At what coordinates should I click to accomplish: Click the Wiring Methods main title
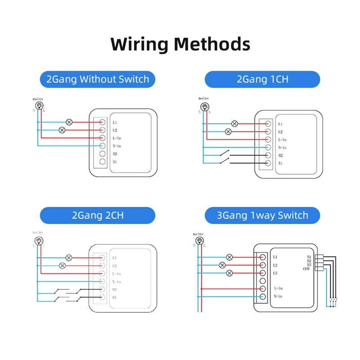click(180, 45)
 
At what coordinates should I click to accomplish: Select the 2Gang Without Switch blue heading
click(97, 80)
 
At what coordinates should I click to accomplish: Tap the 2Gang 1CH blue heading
click(262, 80)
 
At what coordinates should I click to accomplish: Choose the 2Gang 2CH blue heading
click(97, 215)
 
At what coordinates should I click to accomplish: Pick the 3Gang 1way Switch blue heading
click(262, 215)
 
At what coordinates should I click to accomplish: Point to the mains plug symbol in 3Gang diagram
click(198, 241)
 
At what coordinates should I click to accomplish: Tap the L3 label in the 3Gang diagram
click(275, 273)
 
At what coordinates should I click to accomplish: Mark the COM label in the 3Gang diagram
click(306, 269)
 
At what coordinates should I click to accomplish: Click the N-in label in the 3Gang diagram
click(278, 296)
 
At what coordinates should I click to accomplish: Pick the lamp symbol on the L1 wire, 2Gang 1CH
click(234, 124)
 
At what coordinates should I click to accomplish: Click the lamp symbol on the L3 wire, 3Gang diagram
click(229, 273)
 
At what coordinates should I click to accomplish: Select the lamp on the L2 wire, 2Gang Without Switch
click(62, 130)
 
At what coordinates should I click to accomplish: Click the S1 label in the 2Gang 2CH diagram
click(115, 297)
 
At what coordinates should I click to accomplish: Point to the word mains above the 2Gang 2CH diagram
click(38, 232)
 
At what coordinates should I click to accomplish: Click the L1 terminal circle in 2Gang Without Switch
click(102, 122)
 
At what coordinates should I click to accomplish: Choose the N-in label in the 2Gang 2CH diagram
click(117, 282)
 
